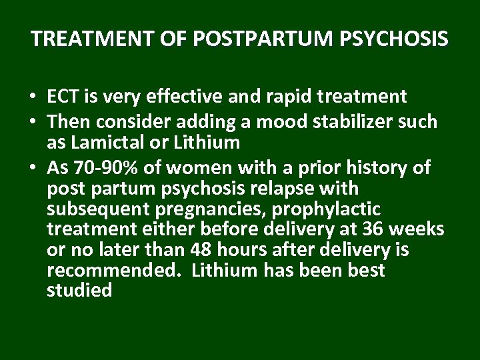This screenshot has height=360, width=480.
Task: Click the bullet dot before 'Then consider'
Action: [x=33, y=122]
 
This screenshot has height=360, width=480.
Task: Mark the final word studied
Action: [x=80, y=292]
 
